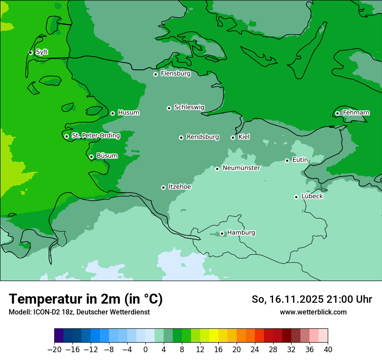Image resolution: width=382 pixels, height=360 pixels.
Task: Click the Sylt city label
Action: pos(42,52)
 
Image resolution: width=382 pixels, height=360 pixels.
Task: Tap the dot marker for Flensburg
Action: pos(155,74)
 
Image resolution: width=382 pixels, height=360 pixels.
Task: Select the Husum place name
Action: pos(128,113)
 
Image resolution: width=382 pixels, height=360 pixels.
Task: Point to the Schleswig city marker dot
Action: pos(169,108)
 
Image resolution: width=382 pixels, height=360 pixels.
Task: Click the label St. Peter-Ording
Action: pos(95,135)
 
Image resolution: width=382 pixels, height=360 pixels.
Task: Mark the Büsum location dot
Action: pos(91,157)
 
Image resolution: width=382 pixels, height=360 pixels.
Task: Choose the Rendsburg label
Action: pos(203,137)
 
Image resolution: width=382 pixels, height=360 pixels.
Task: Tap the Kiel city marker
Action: pos(233,137)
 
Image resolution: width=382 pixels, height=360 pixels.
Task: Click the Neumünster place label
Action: pos(241,168)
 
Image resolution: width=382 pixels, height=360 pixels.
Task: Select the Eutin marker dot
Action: pos(287,160)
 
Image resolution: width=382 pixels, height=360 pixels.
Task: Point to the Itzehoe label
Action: pos(180,187)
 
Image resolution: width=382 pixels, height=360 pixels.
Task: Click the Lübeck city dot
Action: pos(296,197)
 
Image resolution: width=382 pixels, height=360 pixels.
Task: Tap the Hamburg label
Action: pos(241,232)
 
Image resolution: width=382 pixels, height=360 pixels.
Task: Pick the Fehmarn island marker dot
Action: pos(337,113)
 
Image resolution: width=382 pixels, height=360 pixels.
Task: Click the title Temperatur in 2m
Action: pos(86,299)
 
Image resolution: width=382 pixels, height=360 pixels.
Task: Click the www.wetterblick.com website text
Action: pos(313,312)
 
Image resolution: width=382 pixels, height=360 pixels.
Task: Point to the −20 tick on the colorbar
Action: pos(54,350)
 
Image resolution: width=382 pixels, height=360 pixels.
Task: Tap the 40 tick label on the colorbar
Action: pos(328,350)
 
